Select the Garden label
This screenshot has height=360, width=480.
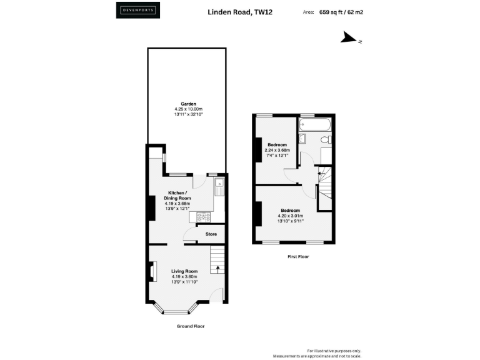tap(189, 104)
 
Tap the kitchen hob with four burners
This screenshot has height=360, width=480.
tap(203, 217)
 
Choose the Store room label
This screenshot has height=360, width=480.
tap(211, 234)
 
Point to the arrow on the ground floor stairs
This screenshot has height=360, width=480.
tap(217, 269)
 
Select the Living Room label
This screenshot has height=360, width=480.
tap(184, 271)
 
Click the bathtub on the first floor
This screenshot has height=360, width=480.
tap(315, 124)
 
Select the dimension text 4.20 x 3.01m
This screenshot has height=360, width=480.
tap(290, 216)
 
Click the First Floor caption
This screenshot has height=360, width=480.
tap(297, 257)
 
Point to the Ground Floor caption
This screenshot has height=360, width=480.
tap(191, 326)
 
